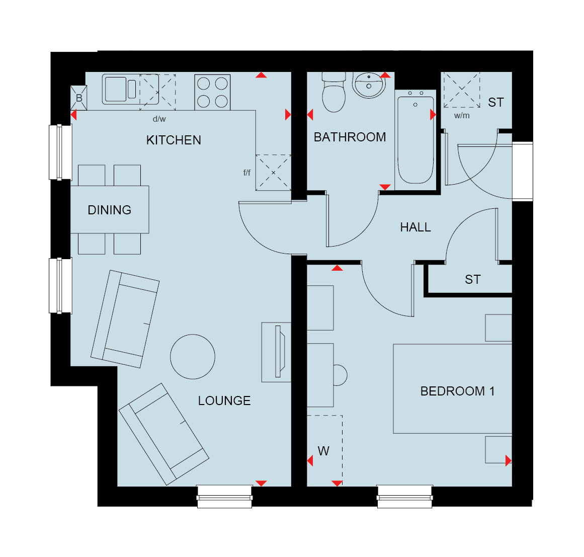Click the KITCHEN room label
click(174, 140)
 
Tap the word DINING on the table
click(110, 210)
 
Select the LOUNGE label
click(224, 401)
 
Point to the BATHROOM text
click(350, 137)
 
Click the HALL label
click(415, 227)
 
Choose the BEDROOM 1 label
click(457, 391)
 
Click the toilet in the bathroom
click(333, 92)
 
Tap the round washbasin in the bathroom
click(369, 85)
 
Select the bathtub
click(415, 140)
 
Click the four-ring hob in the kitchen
click(212, 93)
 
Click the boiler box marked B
click(79, 98)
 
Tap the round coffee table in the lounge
click(193, 357)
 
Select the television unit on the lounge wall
click(276, 352)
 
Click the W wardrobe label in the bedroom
click(323, 451)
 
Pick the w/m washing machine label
click(462, 116)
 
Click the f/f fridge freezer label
click(246, 173)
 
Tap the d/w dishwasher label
click(159, 119)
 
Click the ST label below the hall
click(473, 279)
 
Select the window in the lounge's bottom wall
click(224, 497)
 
